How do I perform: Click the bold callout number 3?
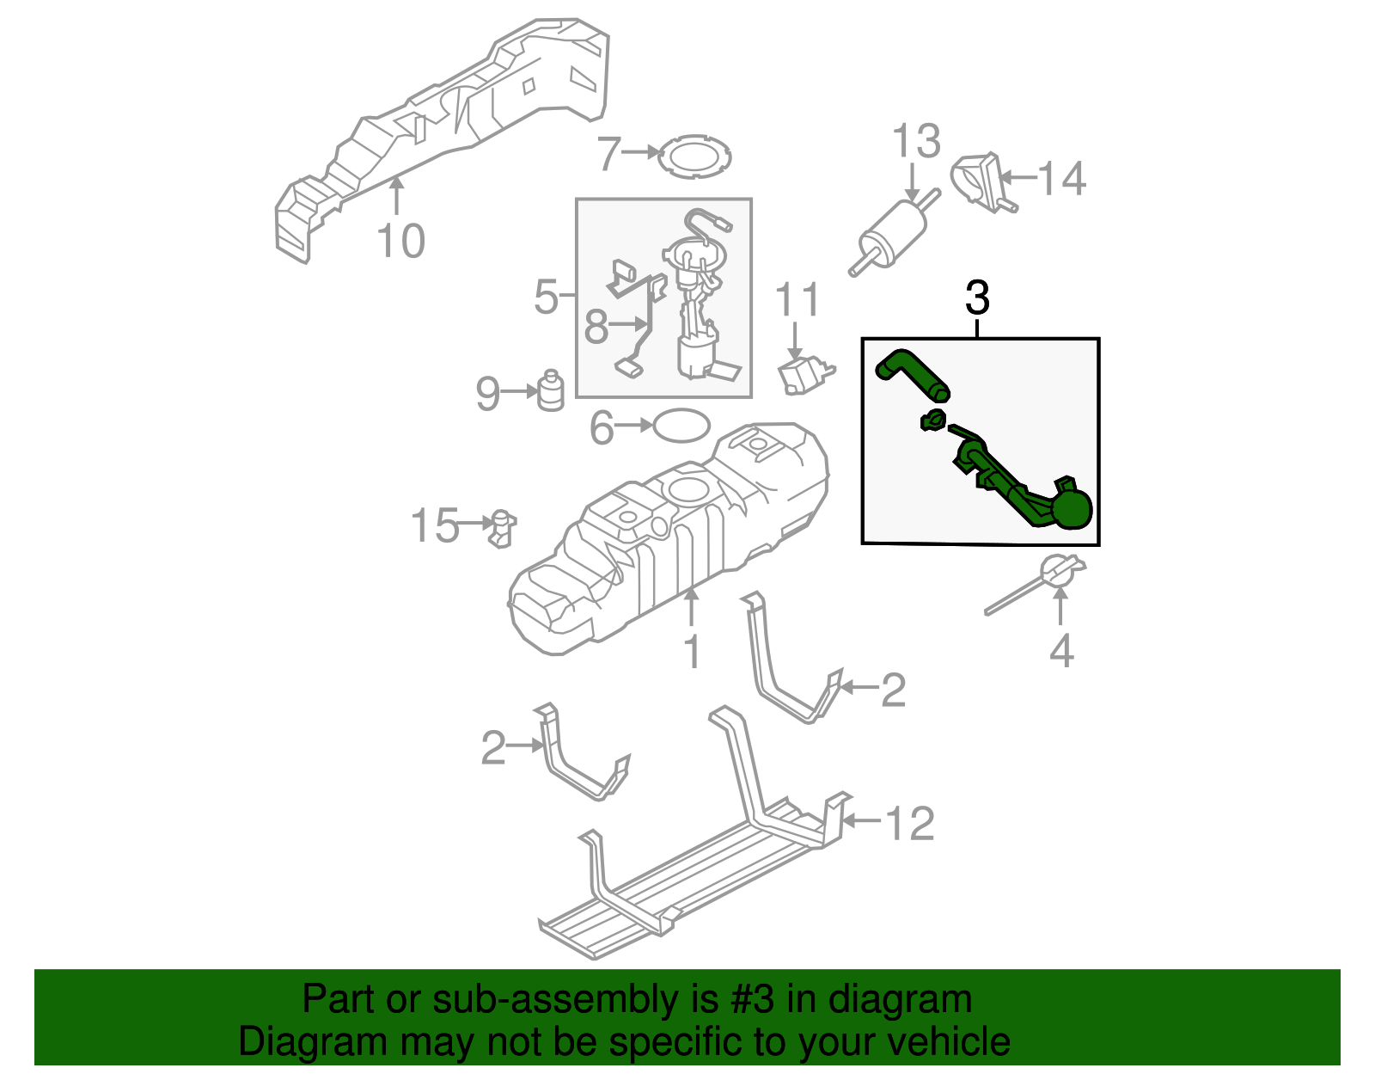[977, 298]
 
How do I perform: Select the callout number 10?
[400, 241]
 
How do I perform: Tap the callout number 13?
[916, 142]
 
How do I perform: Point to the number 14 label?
[1062, 179]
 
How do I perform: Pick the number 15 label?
[435, 525]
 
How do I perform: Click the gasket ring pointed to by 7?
[694, 157]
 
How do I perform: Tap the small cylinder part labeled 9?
[550, 391]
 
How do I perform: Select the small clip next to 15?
[501, 527]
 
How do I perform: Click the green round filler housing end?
[1072, 508]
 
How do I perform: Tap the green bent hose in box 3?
[912, 375]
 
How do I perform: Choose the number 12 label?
[910, 823]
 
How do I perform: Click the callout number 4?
[1061, 651]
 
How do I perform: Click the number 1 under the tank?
[692, 652]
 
